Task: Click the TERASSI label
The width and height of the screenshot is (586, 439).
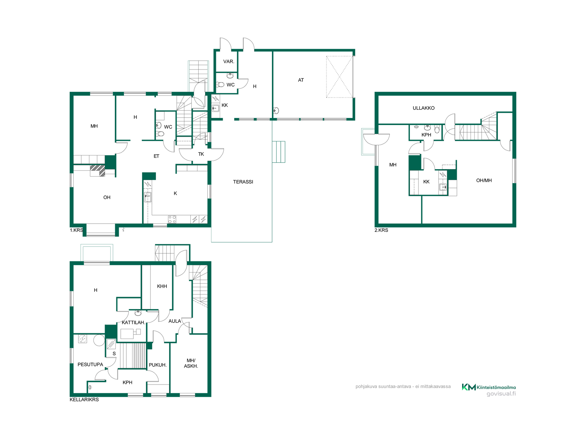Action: [x=243, y=182]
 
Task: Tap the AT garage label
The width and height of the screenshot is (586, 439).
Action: [x=301, y=80]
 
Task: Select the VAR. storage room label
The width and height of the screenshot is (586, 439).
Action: [x=229, y=62]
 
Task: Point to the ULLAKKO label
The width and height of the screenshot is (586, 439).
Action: [x=424, y=108]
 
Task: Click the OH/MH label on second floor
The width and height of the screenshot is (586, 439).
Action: [x=484, y=180]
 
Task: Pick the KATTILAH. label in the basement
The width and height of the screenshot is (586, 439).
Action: [x=133, y=323]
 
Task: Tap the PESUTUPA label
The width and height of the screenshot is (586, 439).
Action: [x=90, y=365]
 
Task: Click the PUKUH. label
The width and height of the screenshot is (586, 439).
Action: [x=158, y=365]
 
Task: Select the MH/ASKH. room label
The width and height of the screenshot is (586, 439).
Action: [x=191, y=363]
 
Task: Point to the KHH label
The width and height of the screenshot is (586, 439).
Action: [x=162, y=286]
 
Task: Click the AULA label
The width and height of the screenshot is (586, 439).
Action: [x=175, y=321]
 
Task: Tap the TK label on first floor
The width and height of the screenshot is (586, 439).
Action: [x=201, y=154]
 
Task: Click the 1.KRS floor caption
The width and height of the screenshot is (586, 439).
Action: [x=76, y=230]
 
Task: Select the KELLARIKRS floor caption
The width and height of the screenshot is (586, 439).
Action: [x=84, y=400]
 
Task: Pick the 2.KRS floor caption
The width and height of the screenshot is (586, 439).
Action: [x=381, y=230]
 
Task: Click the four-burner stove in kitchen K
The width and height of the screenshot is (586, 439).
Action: [x=172, y=219]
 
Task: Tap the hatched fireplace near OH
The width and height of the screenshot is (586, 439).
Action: [x=98, y=170]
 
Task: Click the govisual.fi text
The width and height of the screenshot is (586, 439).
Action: [x=501, y=394]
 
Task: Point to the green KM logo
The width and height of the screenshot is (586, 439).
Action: [x=469, y=387]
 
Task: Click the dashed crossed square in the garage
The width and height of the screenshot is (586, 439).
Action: [x=339, y=77]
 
